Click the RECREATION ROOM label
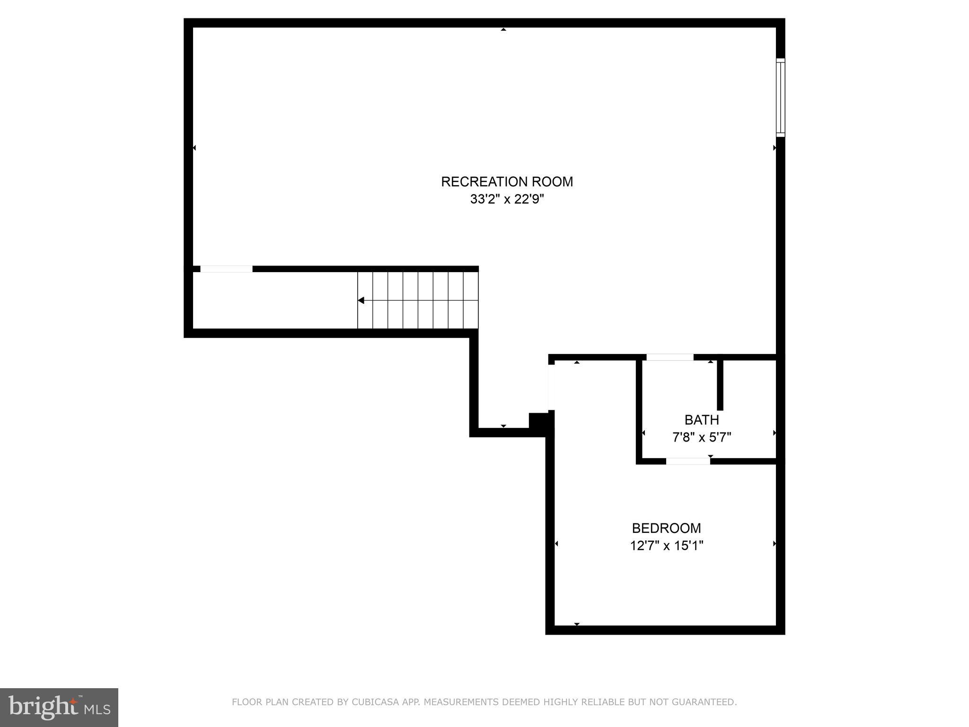coord(507,182)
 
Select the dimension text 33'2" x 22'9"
coord(507,199)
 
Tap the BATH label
coord(702,420)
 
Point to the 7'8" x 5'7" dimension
coord(702,437)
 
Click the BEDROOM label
coord(666,528)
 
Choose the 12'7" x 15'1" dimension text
coord(666,546)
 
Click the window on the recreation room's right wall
coord(780,98)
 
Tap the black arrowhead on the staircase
coord(361,301)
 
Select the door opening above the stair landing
coord(226,269)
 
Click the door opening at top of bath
coord(669,357)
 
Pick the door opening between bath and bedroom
coord(688,461)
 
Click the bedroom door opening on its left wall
coord(551,388)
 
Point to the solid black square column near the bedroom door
coord(539,421)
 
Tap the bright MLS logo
coord(59,708)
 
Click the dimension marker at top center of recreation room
coord(503,29)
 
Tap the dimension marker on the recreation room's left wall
coord(194,148)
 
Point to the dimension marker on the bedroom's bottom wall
coord(577,624)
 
